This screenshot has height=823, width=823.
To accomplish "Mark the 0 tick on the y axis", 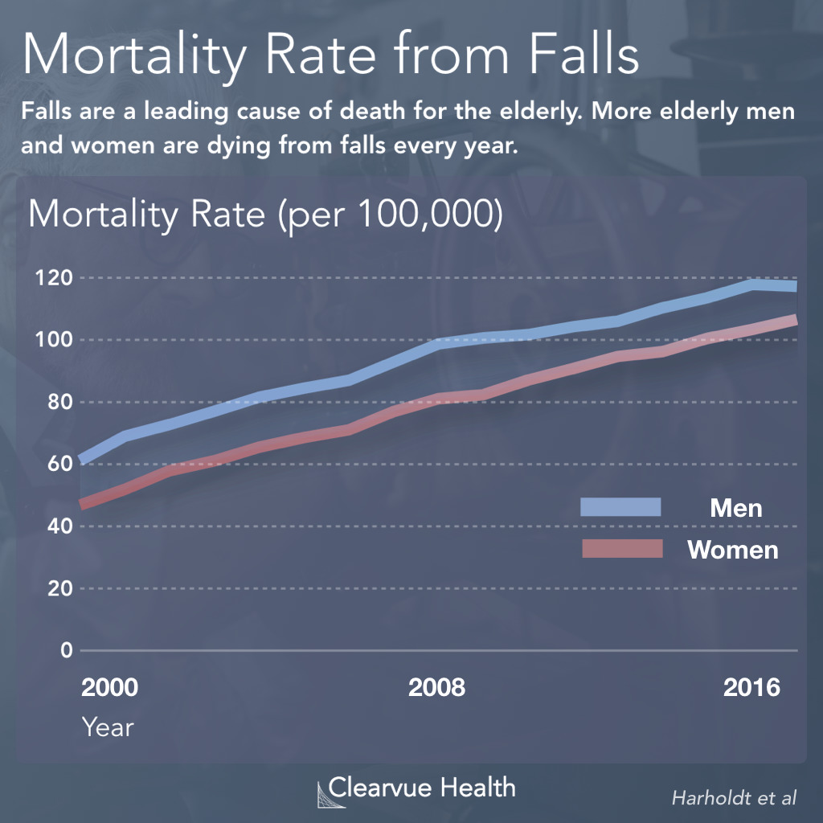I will pyautogui.click(x=65, y=650).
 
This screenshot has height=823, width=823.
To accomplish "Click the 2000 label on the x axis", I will pyautogui.click(x=109, y=689).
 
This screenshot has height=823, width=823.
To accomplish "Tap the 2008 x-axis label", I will pyautogui.click(x=436, y=689).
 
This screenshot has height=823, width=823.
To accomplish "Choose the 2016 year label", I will pyautogui.click(x=752, y=689).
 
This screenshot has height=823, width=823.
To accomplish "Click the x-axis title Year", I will pyautogui.click(x=108, y=727).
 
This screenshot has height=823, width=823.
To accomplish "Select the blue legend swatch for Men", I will pyautogui.click(x=620, y=507).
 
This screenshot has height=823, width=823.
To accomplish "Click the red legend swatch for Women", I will pyautogui.click(x=620, y=549).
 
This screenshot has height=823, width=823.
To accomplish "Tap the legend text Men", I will pyautogui.click(x=735, y=508).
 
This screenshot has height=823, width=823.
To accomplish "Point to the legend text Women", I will pyautogui.click(x=732, y=550).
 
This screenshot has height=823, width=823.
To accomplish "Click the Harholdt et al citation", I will pyautogui.click(x=734, y=797).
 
